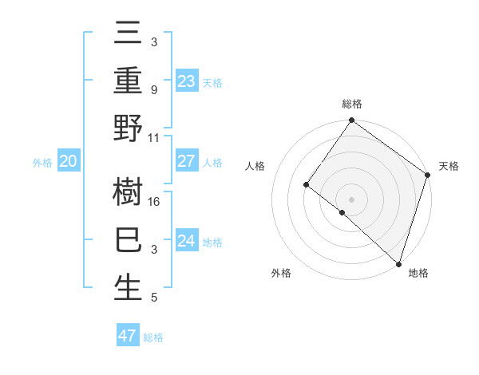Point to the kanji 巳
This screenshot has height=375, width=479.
(x=128, y=240)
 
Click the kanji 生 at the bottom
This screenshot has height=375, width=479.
(x=128, y=286)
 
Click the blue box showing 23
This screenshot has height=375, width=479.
(x=187, y=81)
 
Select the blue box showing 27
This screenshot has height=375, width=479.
(x=187, y=161)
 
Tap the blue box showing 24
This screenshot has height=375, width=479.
(x=187, y=241)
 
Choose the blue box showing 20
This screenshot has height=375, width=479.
(x=68, y=161)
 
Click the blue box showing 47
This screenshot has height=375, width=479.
(x=127, y=335)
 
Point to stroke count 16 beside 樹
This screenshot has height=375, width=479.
(x=155, y=202)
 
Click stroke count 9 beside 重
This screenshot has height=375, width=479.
(x=154, y=90)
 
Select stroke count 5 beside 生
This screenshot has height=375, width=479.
(x=154, y=298)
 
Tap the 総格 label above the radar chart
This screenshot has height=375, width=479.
(x=352, y=104)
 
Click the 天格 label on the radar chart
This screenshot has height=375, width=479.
(x=449, y=166)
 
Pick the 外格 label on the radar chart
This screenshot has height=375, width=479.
(x=281, y=273)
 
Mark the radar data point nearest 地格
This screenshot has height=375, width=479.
(x=398, y=263)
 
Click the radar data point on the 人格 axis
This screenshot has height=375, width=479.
(x=306, y=184)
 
